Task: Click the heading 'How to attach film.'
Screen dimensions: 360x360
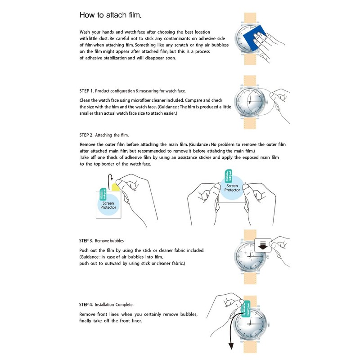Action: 110,15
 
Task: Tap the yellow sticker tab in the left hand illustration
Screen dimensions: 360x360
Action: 116,185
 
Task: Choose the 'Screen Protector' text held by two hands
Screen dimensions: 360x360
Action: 232,188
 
